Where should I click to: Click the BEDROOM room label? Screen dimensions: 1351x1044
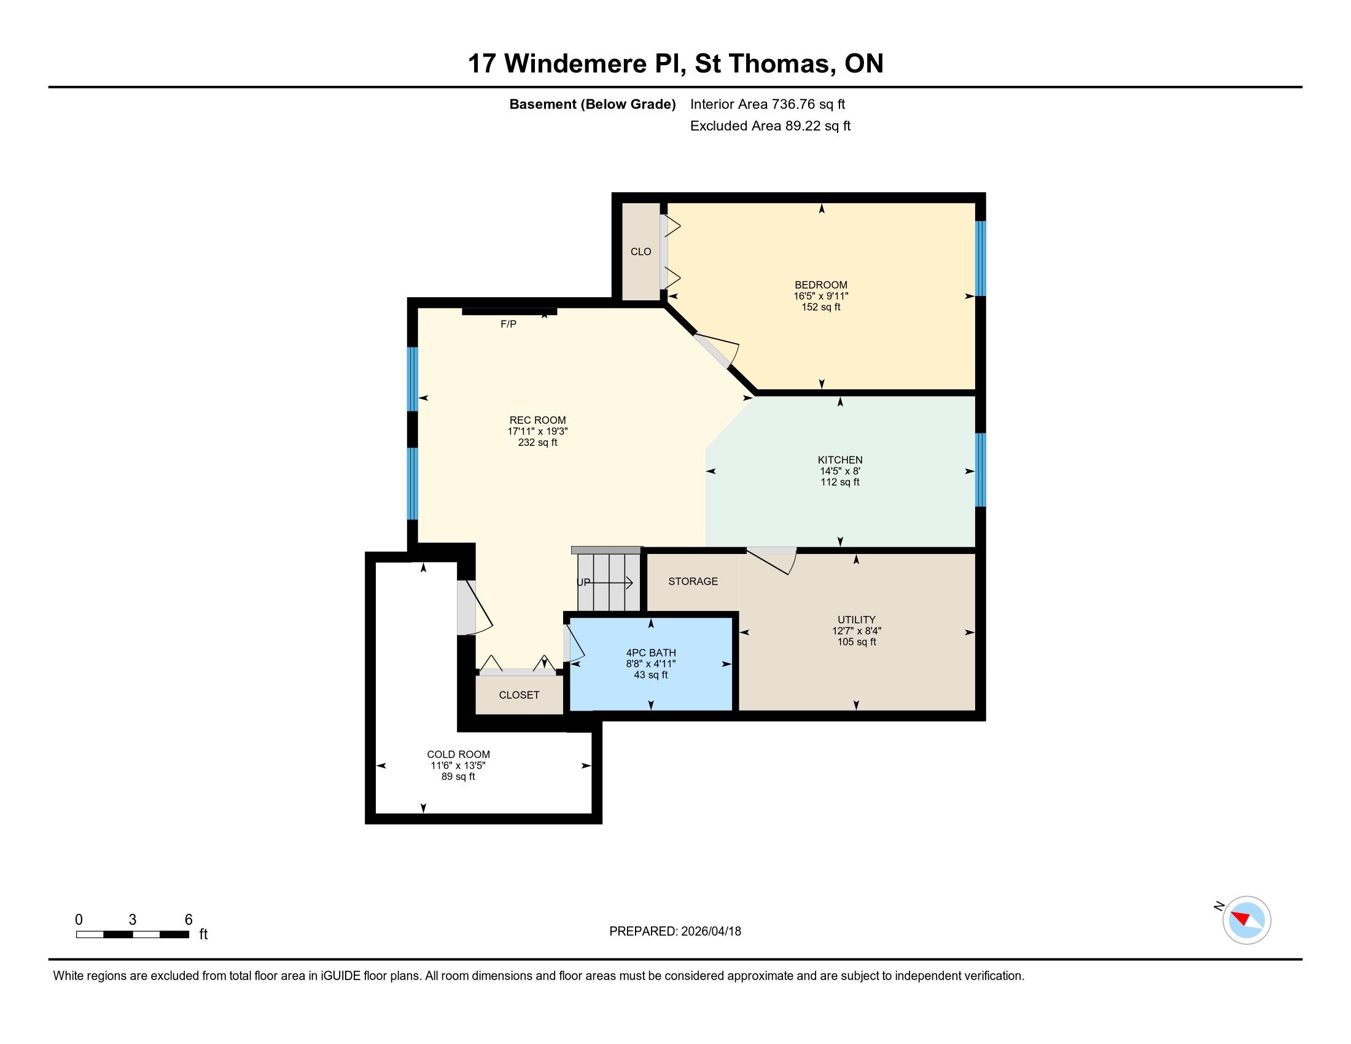click(821, 285)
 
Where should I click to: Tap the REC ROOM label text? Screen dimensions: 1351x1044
click(537, 420)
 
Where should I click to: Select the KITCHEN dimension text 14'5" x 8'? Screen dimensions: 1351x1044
click(840, 470)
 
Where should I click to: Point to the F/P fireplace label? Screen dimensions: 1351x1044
click(508, 324)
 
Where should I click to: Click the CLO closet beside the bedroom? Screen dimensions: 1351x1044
click(641, 252)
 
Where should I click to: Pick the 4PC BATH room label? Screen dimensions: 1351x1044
click(651, 652)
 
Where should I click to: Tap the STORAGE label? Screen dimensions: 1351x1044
click(693, 582)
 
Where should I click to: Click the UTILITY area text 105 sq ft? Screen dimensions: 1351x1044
click(857, 642)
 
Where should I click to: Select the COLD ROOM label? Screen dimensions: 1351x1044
click(458, 755)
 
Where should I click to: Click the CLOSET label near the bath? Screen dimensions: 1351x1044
click(519, 695)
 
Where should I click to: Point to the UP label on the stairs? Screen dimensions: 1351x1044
click(583, 583)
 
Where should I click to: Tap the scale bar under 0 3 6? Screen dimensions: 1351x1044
click(133, 935)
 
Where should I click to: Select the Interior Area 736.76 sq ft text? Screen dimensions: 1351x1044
click(768, 104)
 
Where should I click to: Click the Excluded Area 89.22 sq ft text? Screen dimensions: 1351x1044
click(770, 126)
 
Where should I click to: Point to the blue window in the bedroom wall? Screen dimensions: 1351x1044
click(981, 259)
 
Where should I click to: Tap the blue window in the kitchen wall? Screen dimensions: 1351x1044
click(981, 470)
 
